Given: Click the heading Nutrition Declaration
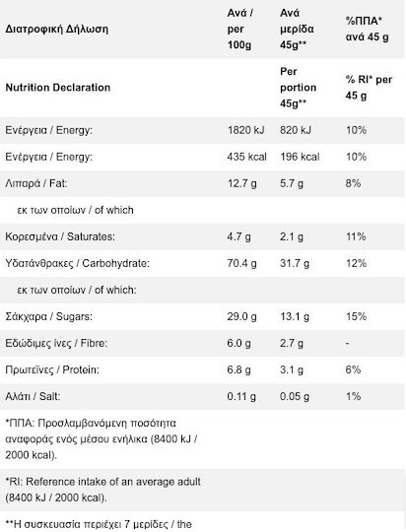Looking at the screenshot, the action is pos(58,88).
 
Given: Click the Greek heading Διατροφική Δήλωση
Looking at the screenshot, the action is pos(57,30).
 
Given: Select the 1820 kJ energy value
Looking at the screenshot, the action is pos(245,130).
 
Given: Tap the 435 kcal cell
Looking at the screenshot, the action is pos(247,157).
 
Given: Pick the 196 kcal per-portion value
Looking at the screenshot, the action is pos(300,157).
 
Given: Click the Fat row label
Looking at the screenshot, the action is pos(36,183).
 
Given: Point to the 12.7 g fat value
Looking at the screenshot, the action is pos(242,183).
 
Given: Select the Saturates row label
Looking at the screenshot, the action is pos(60,236).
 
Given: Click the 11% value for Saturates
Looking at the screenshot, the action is pos(356,236).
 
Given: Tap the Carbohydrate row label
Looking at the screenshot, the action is pos(78,263).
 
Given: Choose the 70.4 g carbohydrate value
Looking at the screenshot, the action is pos(242,263).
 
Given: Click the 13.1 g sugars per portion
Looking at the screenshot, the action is pos(295,316).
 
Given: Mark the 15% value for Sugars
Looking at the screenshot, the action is pos(356,316).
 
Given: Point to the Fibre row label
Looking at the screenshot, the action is pos(56,344).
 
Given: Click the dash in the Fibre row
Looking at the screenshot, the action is pos(347,344).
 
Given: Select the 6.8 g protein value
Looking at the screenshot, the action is pos(239,369).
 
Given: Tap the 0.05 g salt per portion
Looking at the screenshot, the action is pos(295,397).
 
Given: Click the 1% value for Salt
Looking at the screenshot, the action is pos(353,396).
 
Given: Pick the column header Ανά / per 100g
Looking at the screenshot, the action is pos(240,30).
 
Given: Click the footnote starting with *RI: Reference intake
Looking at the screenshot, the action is pos(102,490).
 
